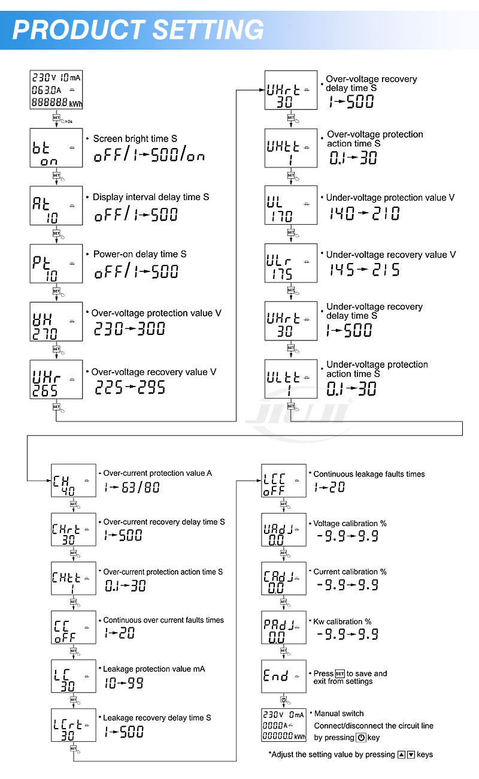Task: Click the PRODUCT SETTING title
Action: point(138,29)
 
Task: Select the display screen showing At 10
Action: point(56,206)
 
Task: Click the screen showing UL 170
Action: point(291,205)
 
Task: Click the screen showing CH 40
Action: point(74,481)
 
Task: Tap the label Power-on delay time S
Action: point(140,254)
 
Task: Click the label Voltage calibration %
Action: point(350,523)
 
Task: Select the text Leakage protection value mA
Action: point(154,669)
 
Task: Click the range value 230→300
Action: point(130,329)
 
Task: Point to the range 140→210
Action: point(365,213)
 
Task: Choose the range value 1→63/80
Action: point(132,487)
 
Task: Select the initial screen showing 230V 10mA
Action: point(56,90)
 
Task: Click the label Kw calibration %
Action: point(342,621)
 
